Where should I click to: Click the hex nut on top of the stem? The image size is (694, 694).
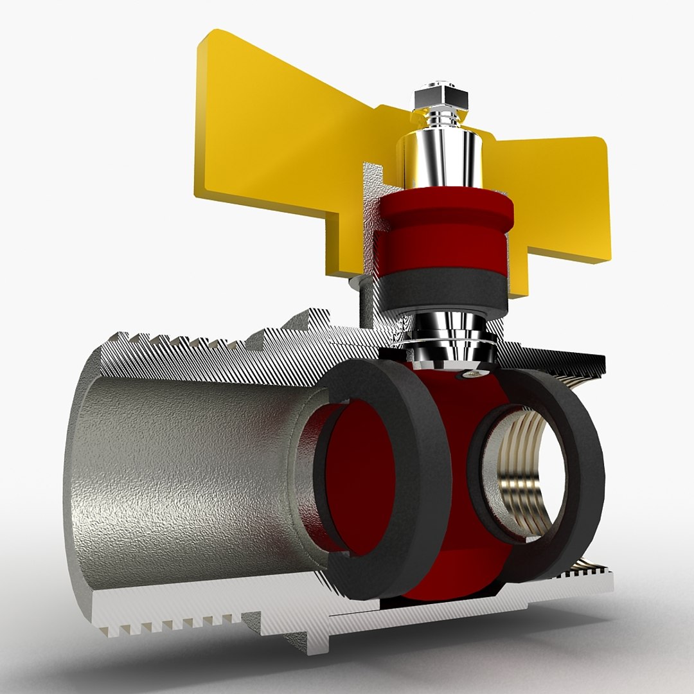tap(441, 97)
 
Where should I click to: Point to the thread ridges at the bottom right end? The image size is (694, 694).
tap(588, 565)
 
